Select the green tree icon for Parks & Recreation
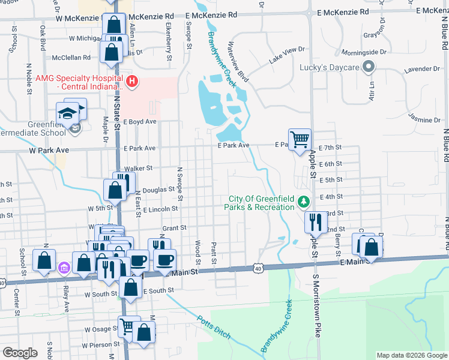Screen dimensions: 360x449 tap(304, 200)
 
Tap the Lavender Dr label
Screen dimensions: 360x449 tap(418, 70)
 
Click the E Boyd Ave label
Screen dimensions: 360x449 tap(140, 121)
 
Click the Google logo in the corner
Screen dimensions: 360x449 tap(20, 352)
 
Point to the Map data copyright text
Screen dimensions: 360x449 tap(412, 355)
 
